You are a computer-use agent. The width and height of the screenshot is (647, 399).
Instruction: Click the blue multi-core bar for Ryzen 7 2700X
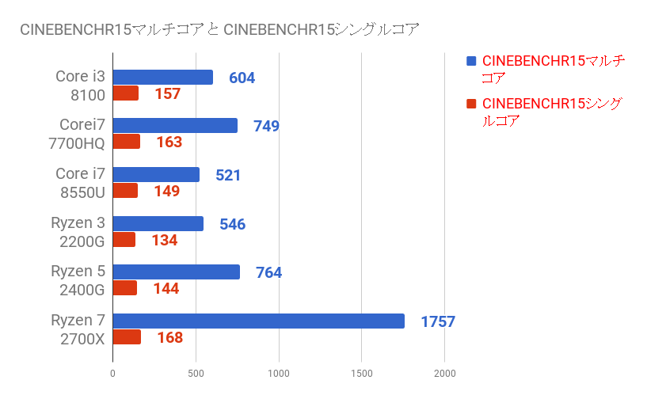258,321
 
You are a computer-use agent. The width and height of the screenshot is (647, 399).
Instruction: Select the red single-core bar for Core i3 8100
126,93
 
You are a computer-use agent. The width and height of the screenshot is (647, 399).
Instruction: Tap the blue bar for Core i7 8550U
156,175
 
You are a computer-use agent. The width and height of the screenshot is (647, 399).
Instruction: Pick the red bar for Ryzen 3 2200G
124,240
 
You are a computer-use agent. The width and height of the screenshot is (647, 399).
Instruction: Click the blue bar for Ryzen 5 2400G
176,272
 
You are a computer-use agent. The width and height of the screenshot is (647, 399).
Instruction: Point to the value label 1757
438,321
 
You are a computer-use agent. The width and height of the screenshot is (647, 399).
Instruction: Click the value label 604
242,78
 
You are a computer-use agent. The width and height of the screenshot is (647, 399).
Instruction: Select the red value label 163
169,142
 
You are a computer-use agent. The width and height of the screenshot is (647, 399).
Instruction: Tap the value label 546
232,224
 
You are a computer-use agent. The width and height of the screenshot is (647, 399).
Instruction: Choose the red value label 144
166,288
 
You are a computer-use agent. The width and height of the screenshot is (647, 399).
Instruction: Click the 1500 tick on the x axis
361,372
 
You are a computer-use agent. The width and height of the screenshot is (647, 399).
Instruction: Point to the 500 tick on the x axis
196,372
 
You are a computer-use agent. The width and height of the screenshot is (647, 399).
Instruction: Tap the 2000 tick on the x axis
444,372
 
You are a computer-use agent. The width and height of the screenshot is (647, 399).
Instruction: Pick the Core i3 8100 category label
80,85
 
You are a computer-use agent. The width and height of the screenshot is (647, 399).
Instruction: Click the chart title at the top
219,30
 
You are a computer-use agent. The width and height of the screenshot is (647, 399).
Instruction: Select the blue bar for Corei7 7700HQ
175,126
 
